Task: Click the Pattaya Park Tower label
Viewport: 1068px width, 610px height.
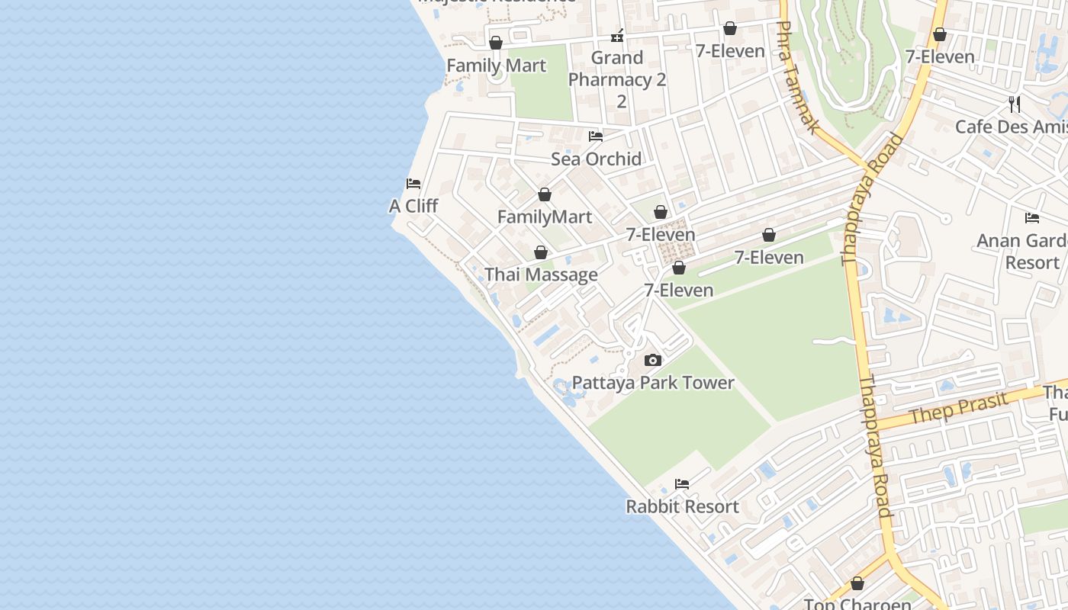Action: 653,383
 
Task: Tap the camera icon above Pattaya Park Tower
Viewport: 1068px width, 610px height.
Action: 653,360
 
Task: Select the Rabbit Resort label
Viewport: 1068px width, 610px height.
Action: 682,506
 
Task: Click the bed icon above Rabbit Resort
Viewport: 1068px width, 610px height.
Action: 682,483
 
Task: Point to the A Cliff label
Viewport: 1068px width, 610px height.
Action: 413,206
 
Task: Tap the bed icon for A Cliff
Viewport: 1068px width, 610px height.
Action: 413,184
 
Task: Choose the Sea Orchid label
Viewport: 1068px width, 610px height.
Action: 596,159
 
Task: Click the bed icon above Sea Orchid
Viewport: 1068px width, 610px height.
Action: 596,136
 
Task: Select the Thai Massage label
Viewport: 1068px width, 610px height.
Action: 541,274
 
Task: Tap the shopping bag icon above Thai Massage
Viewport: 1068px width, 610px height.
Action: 541,252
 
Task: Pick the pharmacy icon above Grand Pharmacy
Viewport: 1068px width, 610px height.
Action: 617,35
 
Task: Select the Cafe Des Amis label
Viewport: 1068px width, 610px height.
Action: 1011,127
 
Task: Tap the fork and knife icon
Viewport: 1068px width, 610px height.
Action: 1015,104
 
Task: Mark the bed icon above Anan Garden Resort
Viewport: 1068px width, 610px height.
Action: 1032,218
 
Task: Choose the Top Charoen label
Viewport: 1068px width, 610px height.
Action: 857,604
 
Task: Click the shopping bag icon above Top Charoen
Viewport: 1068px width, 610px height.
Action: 857,583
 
